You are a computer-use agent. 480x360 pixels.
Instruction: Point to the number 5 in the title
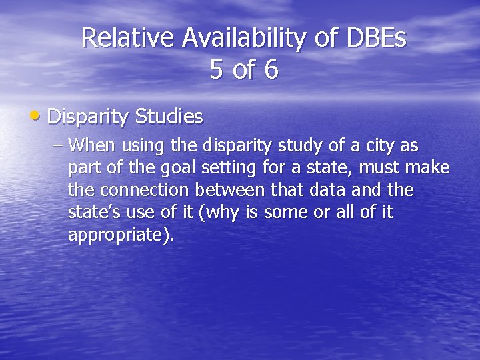coord(216,70)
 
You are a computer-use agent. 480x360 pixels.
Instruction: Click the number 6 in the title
coord(271,70)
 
